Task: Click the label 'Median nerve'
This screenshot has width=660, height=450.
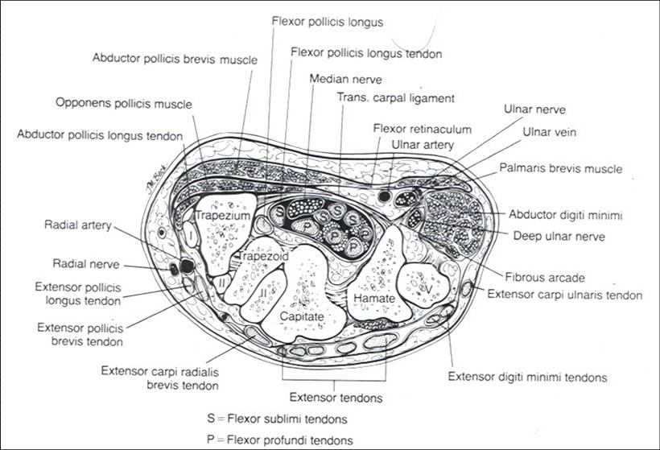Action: pos(344,79)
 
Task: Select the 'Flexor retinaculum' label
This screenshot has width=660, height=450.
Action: pos(423,129)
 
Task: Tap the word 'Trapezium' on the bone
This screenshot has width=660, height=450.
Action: pos(222,217)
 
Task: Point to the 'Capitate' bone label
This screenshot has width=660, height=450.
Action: pos(301,317)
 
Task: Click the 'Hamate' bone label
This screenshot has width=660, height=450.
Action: pos(371,298)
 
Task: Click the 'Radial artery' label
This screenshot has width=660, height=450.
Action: pos(78,226)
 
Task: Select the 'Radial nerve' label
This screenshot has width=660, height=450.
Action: pos(78,263)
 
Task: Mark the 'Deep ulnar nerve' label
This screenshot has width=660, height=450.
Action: pos(559,236)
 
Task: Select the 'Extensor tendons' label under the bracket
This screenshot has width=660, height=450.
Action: pos(335,397)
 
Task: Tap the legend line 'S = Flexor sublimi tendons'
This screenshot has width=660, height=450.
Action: pos(278,419)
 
